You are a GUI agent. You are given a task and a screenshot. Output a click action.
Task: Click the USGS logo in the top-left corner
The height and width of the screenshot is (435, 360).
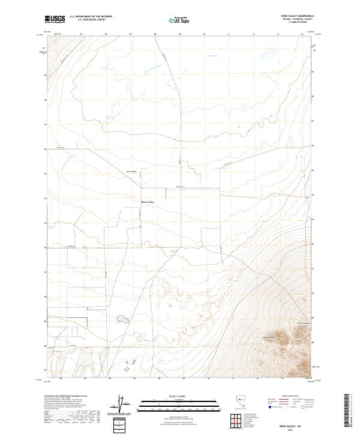(55, 19)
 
